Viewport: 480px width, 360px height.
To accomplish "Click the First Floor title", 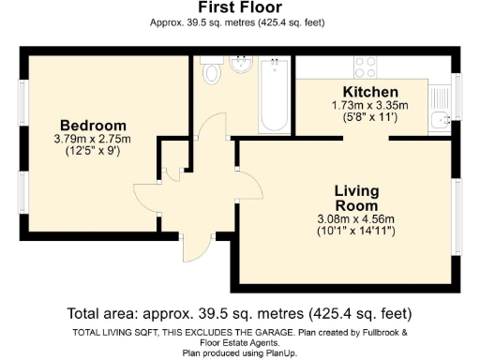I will [239, 8].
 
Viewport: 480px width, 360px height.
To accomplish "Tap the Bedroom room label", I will [93, 126].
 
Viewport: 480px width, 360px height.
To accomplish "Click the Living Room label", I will [356, 198].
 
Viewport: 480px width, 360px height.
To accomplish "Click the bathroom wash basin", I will [243, 65].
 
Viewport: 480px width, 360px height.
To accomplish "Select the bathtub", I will [275, 94].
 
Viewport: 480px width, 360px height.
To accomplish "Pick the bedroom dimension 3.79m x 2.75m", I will [93, 139].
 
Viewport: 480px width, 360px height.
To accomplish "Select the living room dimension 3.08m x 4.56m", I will [356, 219].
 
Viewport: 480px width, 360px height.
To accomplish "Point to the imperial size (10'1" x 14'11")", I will [356, 231].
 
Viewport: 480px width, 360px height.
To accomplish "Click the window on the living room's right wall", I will [457, 226].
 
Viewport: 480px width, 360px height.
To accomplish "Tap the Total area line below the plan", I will [239, 313].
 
